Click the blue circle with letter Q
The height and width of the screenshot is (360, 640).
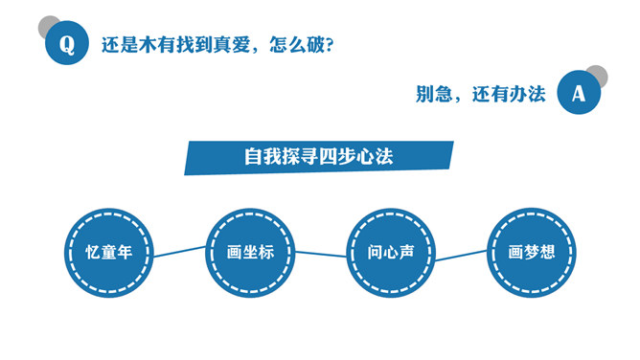pyautogui.click(x=66, y=44)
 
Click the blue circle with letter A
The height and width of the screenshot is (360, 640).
pyautogui.click(x=578, y=94)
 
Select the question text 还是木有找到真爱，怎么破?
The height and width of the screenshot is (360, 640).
pyautogui.click(x=217, y=45)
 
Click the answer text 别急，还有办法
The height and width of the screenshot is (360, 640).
pyautogui.click(x=480, y=94)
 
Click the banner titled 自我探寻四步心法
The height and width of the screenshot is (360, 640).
pyautogui.click(x=318, y=157)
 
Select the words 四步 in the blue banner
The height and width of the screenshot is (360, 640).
pyautogui.click(x=336, y=156)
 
